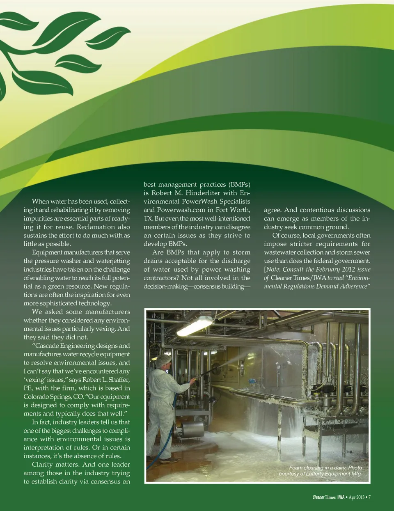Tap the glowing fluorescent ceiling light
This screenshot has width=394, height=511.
tap(195, 326)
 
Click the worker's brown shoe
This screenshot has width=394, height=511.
tap(169, 461)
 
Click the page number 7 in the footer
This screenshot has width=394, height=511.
tap(369, 497)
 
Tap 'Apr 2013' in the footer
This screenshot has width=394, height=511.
tap(356, 497)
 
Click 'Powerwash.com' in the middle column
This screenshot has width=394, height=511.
tap(181, 210)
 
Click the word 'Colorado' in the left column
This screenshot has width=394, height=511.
tap(36, 396)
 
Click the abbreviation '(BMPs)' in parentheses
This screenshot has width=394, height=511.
tap(239, 184)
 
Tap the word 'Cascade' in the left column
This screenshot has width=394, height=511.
tap(47, 346)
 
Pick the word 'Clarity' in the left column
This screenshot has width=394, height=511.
tap(45, 464)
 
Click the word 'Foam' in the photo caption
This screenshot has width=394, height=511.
tap(295, 467)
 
